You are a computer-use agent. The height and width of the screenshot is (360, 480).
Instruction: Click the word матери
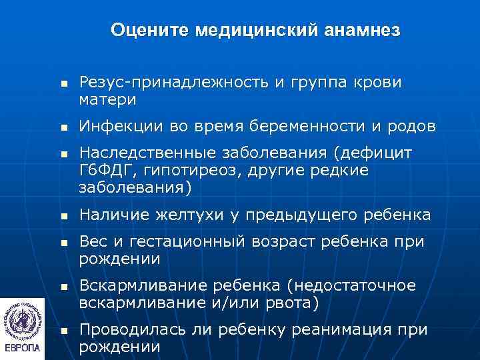click(x=107, y=100)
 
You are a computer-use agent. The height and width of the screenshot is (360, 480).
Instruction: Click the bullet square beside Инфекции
click(x=63, y=127)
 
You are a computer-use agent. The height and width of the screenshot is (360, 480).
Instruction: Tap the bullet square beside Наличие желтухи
click(x=63, y=215)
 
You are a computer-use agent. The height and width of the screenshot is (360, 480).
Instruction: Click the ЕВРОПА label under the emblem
click(x=22, y=348)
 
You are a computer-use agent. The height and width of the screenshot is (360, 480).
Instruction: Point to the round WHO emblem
click(x=22, y=319)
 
